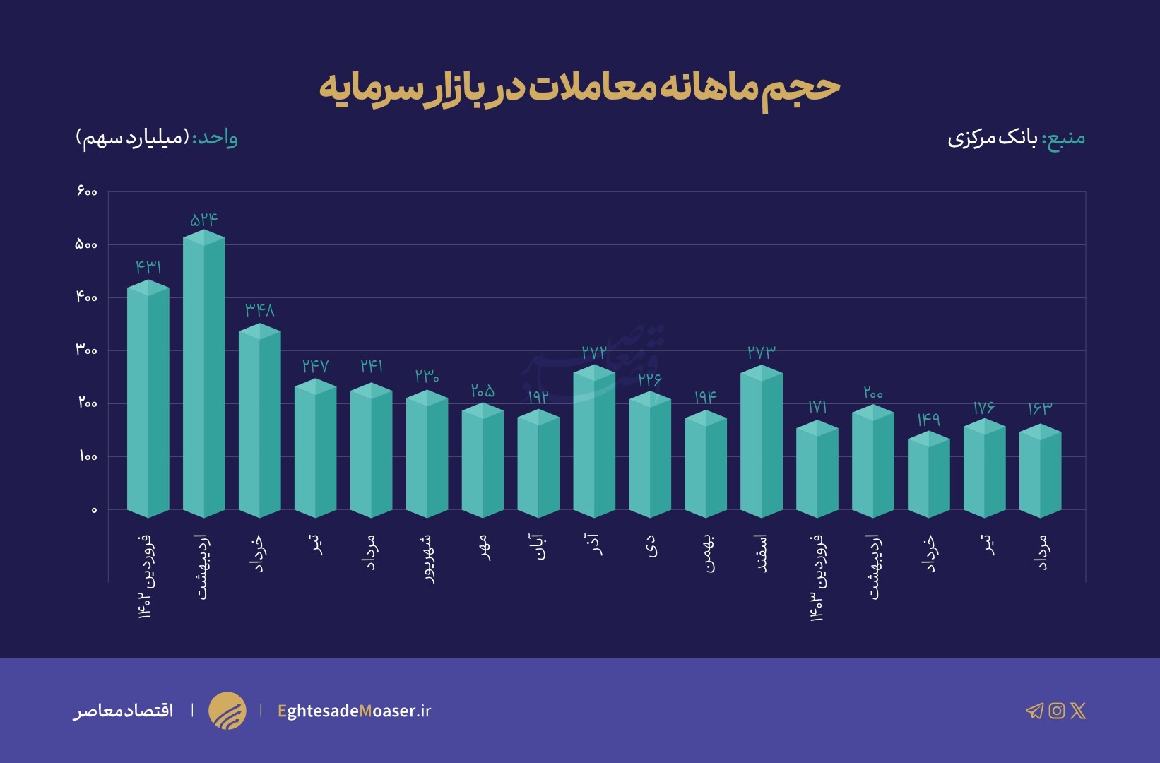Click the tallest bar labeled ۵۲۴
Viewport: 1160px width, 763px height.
pyautogui.click(x=204, y=374)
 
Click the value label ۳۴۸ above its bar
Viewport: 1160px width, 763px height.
pyautogui.click(x=260, y=310)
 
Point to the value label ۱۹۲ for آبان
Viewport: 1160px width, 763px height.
pyautogui.click(x=538, y=397)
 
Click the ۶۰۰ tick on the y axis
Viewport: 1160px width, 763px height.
pyautogui.click(x=86, y=191)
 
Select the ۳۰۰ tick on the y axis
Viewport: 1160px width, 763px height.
pyautogui.click(x=86, y=350)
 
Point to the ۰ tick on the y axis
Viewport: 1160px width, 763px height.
pyautogui.click(x=94, y=510)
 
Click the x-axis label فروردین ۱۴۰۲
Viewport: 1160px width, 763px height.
pyautogui.click(x=146, y=576)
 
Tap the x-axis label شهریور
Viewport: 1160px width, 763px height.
pyautogui.click(x=427, y=558)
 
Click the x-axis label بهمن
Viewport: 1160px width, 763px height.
pyautogui.click(x=707, y=552)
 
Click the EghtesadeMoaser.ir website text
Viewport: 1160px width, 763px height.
pyautogui.click(x=354, y=711)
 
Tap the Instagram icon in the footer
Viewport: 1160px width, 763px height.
pyautogui.click(x=1056, y=711)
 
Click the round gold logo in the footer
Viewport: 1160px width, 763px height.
pyautogui.click(x=227, y=711)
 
